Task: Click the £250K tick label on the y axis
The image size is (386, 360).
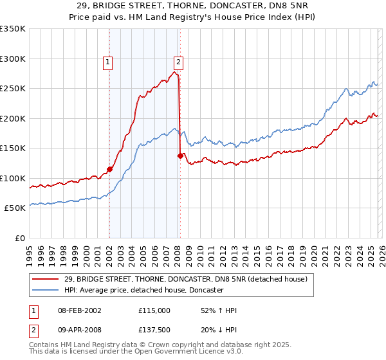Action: [x=13, y=89]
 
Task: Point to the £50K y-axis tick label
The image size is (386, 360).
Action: [x=15, y=208]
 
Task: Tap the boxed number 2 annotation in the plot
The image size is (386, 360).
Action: [x=178, y=62]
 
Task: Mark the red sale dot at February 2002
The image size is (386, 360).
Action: [x=109, y=170]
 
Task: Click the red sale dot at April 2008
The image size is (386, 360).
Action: [x=179, y=156]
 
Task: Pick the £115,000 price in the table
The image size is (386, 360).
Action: [x=154, y=310]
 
